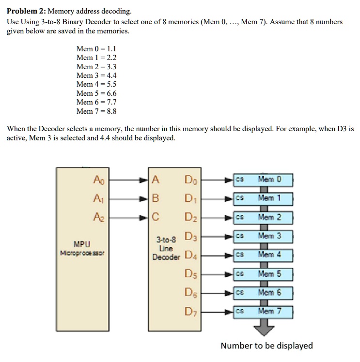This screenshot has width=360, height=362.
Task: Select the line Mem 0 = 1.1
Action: pos(96,48)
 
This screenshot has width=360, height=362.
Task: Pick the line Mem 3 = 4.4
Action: pos(96,75)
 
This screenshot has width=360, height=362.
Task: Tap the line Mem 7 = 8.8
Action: pos(96,111)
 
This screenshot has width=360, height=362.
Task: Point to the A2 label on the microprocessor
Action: pos(98,217)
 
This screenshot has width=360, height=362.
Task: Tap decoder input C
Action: pos(155,217)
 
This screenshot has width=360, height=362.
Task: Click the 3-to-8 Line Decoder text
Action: pos(165,248)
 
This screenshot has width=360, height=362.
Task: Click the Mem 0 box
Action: pos(269,180)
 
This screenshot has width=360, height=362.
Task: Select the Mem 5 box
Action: pos(269,274)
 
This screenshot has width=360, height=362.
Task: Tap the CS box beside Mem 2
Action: pos(239,217)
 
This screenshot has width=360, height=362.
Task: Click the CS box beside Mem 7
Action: pos(239,311)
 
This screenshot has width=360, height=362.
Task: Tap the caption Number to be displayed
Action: pos(266,346)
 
